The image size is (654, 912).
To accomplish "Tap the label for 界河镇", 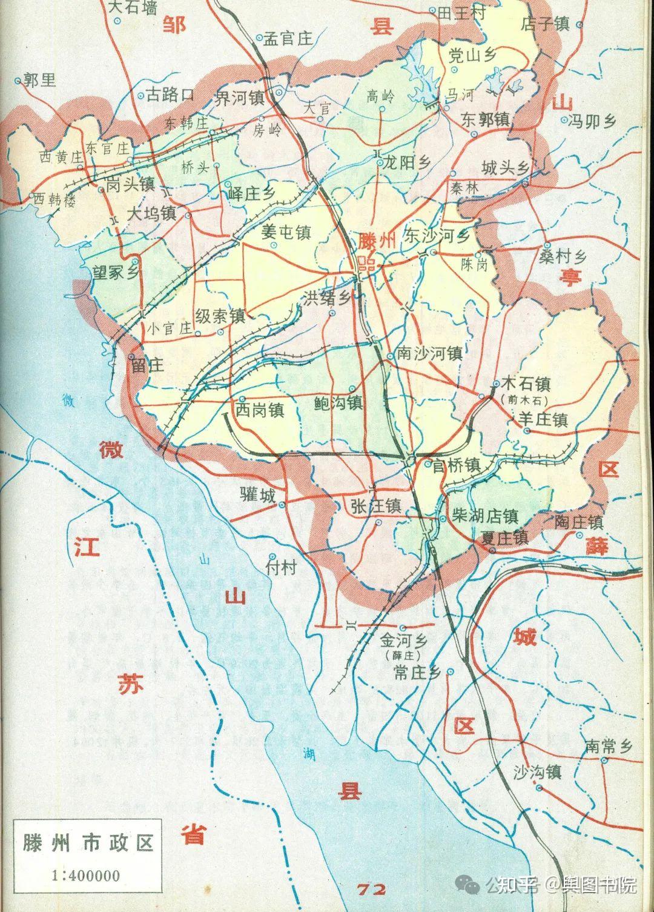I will [240, 98].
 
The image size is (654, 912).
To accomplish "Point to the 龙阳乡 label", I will [406, 163].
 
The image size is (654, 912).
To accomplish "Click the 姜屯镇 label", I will [286, 233].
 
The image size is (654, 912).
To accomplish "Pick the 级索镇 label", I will [220, 316].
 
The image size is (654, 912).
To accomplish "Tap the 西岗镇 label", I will [260, 410].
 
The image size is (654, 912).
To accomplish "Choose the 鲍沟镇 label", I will [338, 402].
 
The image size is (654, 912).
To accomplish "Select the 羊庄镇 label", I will [543, 419].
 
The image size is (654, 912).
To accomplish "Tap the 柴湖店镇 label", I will [485, 516].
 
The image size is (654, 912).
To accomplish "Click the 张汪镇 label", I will [375, 505].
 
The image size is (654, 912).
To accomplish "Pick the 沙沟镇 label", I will [537, 772].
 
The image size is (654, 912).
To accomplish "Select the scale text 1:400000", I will [86, 875].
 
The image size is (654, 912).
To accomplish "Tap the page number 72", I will [371, 890].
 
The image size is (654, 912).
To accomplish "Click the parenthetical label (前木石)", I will [524, 401].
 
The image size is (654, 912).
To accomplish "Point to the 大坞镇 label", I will [151, 213].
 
